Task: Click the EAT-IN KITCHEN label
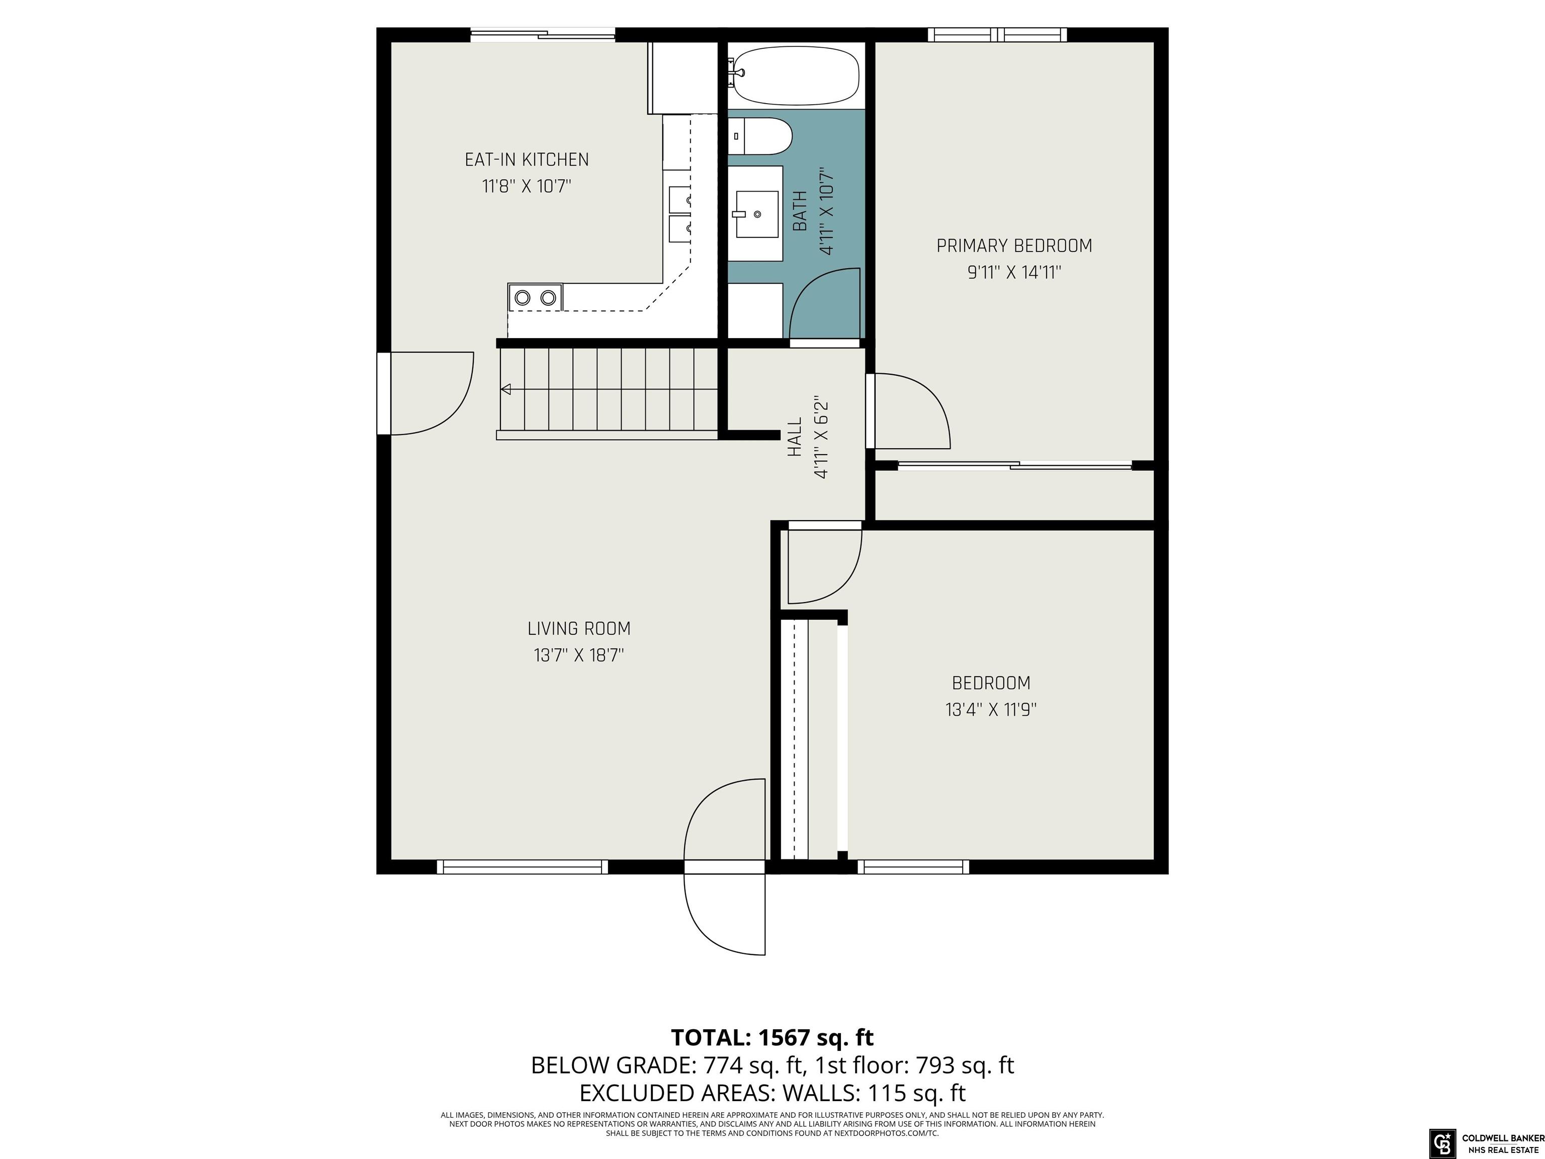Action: coord(527,160)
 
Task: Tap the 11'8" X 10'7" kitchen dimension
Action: coord(527,187)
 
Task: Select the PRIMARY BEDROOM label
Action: coord(1014,246)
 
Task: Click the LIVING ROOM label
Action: coord(579,629)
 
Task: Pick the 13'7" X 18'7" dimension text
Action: coord(579,655)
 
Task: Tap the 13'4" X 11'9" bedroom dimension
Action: coord(991,710)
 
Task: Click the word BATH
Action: coord(801,211)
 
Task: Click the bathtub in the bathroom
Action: coord(794,75)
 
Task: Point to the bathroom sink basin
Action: coord(756,214)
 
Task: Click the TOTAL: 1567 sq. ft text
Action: coord(772,1037)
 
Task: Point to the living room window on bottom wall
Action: coord(523,867)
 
